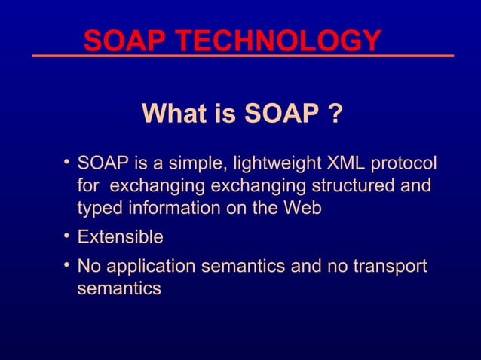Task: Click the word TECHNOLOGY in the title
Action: (286, 41)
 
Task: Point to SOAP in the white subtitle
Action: (280, 114)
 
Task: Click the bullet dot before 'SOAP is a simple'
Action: (67, 160)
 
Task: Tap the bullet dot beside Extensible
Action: (67, 236)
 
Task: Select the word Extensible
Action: (121, 237)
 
